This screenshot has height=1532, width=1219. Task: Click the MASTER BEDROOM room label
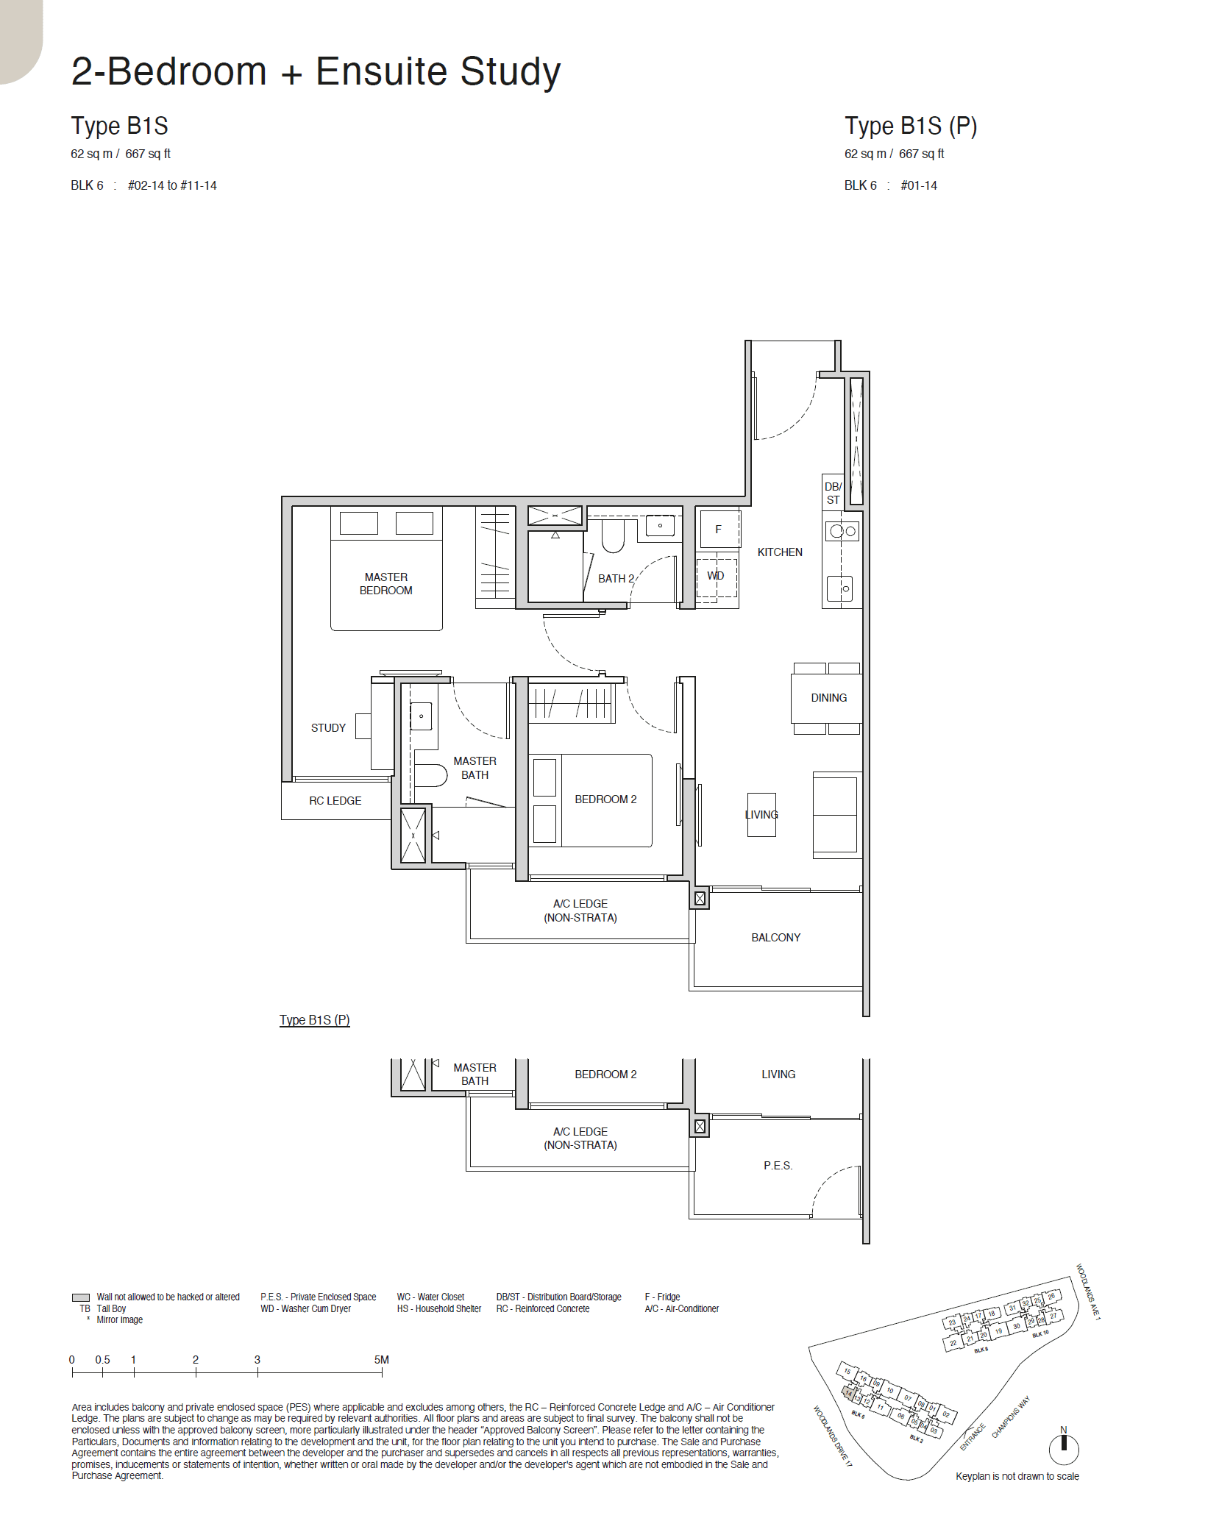point(385,583)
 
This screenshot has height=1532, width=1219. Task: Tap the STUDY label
point(327,727)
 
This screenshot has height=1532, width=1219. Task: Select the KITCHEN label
point(780,552)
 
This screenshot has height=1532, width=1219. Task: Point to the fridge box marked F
point(719,529)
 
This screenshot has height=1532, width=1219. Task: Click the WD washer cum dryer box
point(716,576)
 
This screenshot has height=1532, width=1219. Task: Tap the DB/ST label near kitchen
point(833,493)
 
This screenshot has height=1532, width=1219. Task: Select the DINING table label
point(828,697)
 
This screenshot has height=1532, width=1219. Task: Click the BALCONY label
point(775,937)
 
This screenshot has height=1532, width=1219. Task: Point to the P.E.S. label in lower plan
point(778,1165)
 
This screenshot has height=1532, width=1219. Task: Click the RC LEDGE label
point(335,800)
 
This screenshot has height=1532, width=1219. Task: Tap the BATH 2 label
point(616,578)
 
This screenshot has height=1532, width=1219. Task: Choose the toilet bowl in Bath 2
point(613,535)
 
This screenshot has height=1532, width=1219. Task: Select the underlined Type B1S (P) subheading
point(314,1019)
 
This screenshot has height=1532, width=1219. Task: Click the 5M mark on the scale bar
point(381,1360)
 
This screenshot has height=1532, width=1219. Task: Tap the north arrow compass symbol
point(1063,1449)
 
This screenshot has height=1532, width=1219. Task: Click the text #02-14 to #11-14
point(172,185)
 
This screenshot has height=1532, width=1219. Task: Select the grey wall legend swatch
point(81,1297)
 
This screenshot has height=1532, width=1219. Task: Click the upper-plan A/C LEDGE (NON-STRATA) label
point(580,911)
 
